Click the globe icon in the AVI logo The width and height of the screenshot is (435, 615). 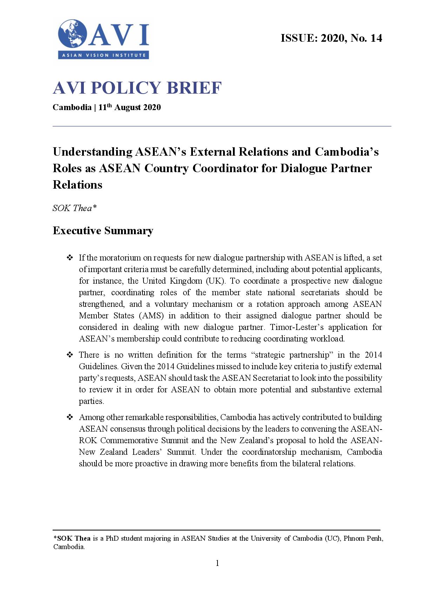(73, 34)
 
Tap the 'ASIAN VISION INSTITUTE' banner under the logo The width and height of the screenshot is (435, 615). (103, 55)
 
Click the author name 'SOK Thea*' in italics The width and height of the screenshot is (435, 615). (74, 208)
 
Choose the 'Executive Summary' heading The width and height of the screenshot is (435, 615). (103, 231)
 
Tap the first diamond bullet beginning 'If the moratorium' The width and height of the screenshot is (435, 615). (69, 258)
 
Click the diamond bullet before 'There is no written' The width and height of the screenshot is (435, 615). (69, 355)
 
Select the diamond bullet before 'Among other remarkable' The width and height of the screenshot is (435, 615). (69, 417)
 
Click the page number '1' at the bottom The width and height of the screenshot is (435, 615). (217, 563)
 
